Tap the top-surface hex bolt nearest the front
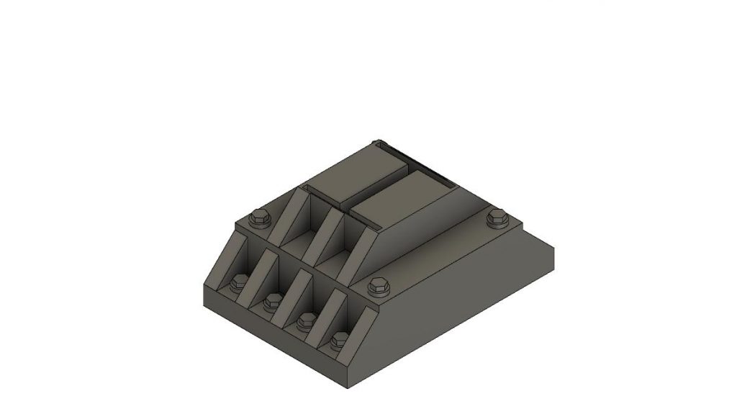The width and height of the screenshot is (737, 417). tap(377, 287)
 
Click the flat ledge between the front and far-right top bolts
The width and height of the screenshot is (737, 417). tap(439, 252)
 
